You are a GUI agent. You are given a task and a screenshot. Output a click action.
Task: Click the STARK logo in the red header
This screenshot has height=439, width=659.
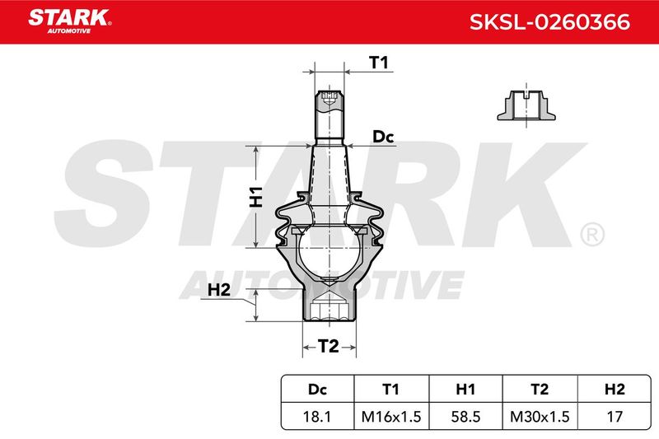coord(70,21)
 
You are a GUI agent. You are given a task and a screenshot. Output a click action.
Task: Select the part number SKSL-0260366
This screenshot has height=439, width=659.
coord(549,22)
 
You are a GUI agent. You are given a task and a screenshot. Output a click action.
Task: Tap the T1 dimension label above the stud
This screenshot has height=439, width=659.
coord(379,63)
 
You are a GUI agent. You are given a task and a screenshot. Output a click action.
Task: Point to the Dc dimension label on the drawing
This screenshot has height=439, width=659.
coord(383,137)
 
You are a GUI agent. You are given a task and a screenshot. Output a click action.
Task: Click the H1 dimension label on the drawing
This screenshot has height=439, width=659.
coord(256,197)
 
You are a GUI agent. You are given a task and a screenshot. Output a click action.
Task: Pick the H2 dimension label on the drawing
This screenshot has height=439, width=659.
coord(219,290)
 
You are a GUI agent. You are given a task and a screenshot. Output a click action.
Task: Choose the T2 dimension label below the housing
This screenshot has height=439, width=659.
coord(328,346)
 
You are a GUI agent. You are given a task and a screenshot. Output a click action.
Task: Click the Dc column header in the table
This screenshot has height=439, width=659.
coord(317,390)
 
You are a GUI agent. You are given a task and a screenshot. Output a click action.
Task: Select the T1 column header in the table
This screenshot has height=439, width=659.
coord(390,390)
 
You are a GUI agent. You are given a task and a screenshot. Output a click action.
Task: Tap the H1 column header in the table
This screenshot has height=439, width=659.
coord(465,390)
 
